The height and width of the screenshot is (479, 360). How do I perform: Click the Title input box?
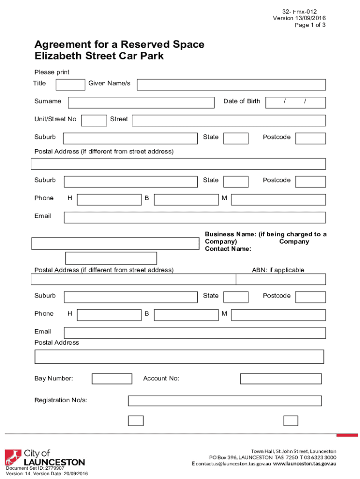click(x=70, y=85)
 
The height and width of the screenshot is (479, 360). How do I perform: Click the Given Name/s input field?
click(x=231, y=85)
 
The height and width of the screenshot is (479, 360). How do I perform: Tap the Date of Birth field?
click(x=295, y=102)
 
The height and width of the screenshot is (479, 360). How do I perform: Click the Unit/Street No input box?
click(x=94, y=120)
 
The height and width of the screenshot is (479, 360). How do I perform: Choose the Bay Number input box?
click(x=112, y=379)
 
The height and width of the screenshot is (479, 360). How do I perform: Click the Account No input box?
click(x=281, y=379)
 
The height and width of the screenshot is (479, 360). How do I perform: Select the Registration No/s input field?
click(x=224, y=401)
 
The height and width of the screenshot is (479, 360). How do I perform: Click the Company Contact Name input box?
click(x=111, y=258)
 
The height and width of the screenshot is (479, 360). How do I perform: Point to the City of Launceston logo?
click(x=45, y=458)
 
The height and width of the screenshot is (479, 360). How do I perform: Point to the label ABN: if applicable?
click(x=278, y=270)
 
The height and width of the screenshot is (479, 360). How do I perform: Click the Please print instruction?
click(x=52, y=72)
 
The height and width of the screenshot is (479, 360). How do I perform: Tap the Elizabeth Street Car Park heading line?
click(x=99, y=57)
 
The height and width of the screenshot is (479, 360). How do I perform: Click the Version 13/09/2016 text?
click(x=299, y=18)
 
